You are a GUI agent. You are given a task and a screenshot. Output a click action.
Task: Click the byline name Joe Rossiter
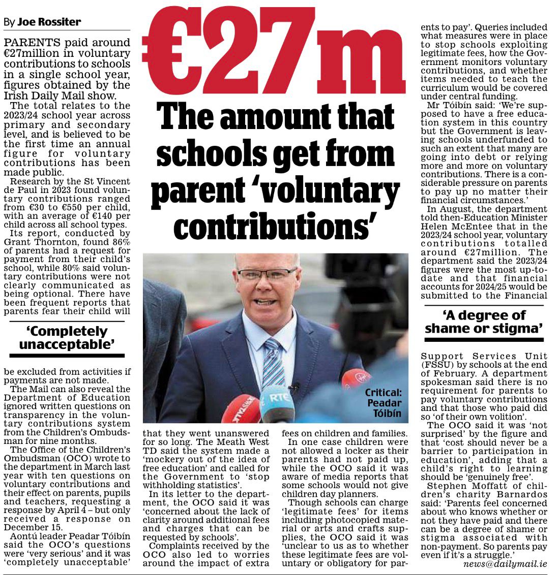(49, 22)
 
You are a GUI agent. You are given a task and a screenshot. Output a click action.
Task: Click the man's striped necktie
(273, 364)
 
